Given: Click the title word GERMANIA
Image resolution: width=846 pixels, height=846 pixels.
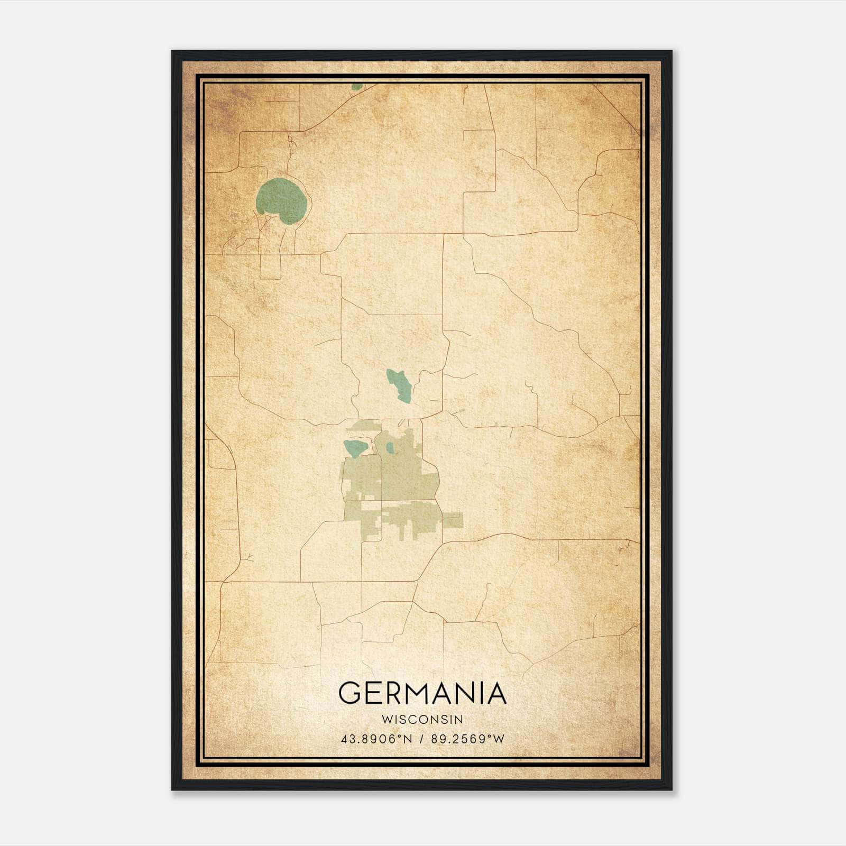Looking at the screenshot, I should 422,693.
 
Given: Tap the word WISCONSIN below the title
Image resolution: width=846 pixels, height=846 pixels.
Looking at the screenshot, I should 422,720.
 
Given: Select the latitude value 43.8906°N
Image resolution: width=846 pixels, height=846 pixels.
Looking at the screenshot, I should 376,739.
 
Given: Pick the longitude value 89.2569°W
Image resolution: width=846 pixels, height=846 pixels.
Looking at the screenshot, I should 468,739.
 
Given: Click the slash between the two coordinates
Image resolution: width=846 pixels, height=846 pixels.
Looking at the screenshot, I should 422,739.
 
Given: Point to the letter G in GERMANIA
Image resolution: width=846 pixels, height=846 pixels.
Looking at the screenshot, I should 350,693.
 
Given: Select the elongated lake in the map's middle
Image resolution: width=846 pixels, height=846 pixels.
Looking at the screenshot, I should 399,385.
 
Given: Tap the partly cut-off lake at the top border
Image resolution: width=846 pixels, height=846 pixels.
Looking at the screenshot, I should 357,86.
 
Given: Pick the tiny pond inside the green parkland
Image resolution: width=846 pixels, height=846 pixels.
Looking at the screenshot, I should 390,448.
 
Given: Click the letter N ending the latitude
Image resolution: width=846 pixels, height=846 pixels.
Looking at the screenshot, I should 407,739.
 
